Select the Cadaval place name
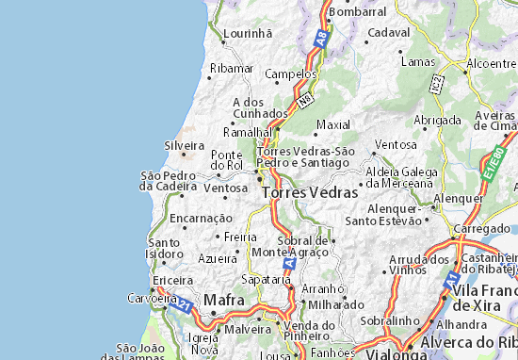pyautogui.click(x=391, y=32)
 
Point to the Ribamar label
pyautogui.click(x=232, y=69)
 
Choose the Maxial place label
pyautogui.click(x=333, y=124)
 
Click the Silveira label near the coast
pyautogui.click(x=184, y=146)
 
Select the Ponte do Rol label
pyautogui.click(x=227, y=159)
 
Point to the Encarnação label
pyautogui.click(x=200, y=218)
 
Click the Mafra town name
pyautogui.click(x=224, y=301)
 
